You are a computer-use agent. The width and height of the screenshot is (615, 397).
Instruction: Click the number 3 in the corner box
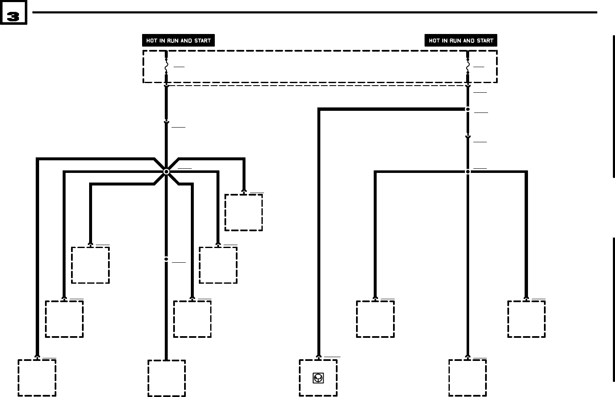pyautogui.click(x=13, y=16)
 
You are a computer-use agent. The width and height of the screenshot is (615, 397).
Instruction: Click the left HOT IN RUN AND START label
pyautogui.click(x=178, y=41)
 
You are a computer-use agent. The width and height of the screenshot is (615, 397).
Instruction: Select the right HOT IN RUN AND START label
pyautogui.click(x=461, y=41)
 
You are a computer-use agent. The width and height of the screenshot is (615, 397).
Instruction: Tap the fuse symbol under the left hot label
pyautogui.click(x=166, y=66)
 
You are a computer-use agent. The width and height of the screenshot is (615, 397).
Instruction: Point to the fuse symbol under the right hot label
pyautogui.click(x=467, y=66)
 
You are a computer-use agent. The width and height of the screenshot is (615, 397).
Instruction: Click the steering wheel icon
pyautogui.click(x=318, y=378)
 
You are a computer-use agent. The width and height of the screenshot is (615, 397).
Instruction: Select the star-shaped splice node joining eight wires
pyautogui.click(x=166, y=172)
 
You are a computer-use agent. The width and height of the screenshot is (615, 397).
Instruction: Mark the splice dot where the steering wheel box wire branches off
pyautogui.click(x=467, y=109)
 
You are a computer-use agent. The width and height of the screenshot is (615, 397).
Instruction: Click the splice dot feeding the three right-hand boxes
pyautogui.click(x=467, y=172)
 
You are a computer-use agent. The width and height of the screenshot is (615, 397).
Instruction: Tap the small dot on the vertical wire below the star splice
pyautogui.click(x=166, y=259)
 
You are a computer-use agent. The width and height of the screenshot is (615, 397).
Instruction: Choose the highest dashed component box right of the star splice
pyautogui.click(x=243, y=212)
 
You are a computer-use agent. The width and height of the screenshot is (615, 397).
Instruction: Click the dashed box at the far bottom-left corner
pyautogui.click(x=37, y=378)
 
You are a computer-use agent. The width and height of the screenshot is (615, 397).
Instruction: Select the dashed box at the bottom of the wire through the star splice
pyautogui.click(x=166, y=378)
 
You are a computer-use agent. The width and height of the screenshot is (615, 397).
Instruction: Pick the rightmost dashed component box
pyautogui.click(x=526, y=319)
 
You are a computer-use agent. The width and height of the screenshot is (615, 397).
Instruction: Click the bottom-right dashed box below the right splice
pyautogui.click(x=467, y=378)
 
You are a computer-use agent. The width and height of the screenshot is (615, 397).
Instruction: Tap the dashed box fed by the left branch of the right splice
pyautogui.click(x=375, y=319)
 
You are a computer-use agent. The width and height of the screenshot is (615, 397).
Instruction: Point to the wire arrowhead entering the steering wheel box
pyautogui.click(x=319, y=358)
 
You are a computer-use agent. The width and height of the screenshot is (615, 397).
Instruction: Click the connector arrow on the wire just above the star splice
pyautogui.click(x=166, y=122)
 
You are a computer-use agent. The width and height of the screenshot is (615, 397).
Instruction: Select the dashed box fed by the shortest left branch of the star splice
pyautogui.click(x=90, y=265)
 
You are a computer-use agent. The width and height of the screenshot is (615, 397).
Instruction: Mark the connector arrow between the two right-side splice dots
pyautogui.click(x=467, y=137)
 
